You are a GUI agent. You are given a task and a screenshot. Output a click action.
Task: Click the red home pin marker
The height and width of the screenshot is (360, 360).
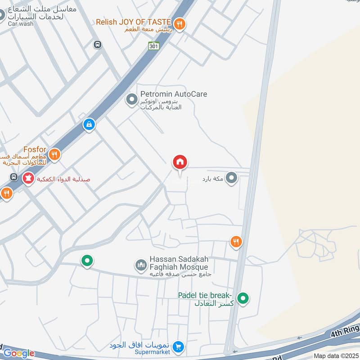(x=180, y=162)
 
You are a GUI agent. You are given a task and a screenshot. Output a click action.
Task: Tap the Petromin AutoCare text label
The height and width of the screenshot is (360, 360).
(x=174, y=94)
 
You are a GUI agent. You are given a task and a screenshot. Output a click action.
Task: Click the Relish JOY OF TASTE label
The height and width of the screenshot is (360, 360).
(x=134, y=22)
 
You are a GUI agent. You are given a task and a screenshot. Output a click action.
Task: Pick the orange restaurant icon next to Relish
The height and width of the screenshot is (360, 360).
(x=180, y=24)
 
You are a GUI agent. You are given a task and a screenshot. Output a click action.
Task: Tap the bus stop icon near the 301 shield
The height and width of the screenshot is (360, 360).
(x=97, y=45)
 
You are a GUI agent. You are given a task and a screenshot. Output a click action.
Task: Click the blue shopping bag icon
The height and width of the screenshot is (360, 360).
(x=89, y=124)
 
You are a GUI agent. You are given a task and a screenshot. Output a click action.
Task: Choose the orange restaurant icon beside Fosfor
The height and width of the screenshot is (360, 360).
(x=54, y=155)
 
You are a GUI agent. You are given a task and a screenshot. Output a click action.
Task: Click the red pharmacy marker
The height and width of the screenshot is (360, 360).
(x=29, y=179)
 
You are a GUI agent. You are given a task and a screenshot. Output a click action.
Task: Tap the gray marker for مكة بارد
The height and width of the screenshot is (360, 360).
(x=232, y=178)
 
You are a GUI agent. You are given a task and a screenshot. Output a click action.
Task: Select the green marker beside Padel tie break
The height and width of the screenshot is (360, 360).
(x=243, y=298)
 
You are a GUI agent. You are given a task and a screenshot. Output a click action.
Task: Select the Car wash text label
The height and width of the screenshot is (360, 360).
(x=21, y=23)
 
